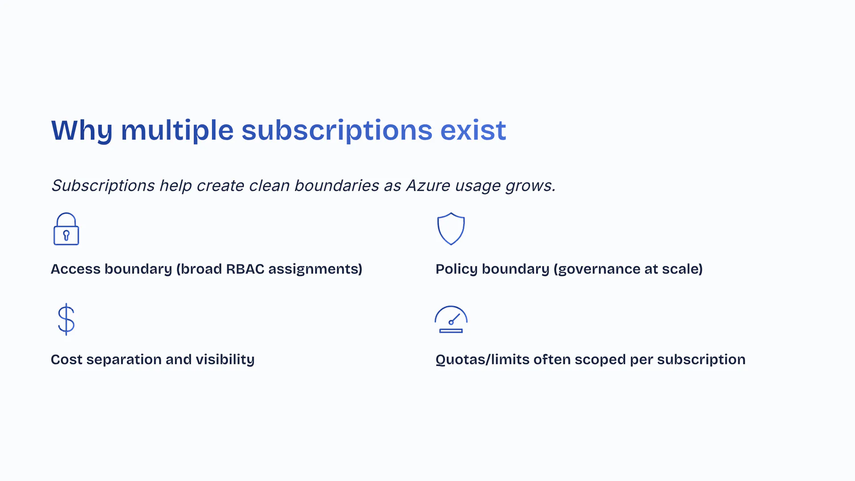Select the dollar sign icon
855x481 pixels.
[66, 319]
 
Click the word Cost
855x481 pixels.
[67, 359]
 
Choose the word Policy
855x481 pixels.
[457, 269]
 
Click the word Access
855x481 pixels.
[76, 269]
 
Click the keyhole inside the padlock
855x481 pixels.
[66, 236]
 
